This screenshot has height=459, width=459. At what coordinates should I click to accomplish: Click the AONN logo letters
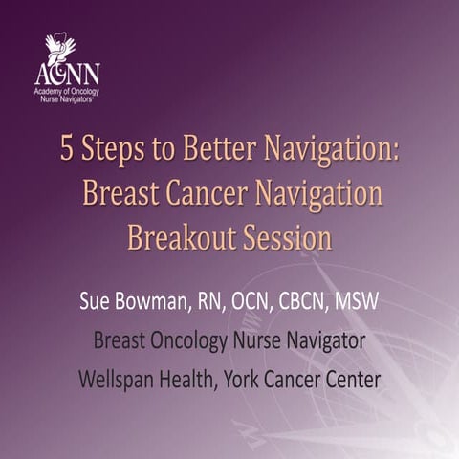click(66, 74)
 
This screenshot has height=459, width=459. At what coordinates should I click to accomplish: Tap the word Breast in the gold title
click(120, 193)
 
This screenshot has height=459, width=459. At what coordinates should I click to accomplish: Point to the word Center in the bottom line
click(350, 379)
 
